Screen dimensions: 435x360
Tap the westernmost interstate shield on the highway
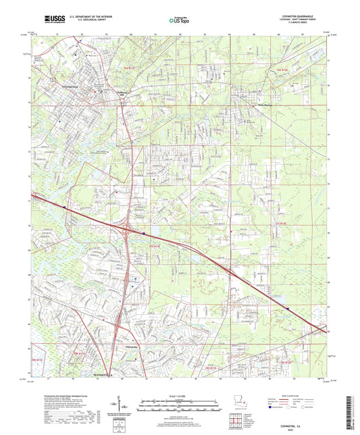64,207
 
